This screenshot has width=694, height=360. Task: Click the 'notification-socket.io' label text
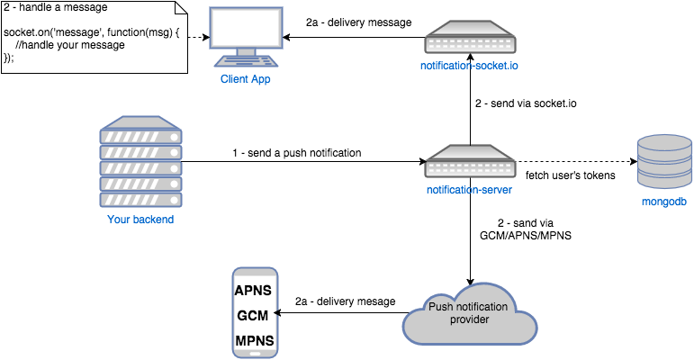pos(469,66)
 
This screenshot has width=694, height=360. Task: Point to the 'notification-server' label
pos(469,191)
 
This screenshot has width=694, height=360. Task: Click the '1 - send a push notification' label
pos(296,153)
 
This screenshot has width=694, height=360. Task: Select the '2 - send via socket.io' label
pos(526,103)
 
